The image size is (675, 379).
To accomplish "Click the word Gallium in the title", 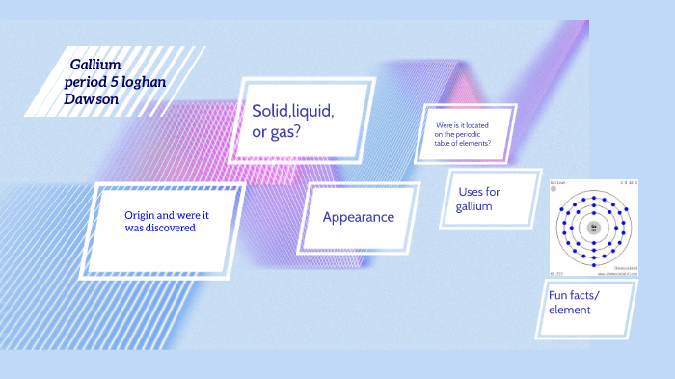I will point(94,64).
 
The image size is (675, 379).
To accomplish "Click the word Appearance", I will point(358,217).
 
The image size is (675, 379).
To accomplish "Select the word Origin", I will point(143,214).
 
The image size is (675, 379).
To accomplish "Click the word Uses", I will point(472,192).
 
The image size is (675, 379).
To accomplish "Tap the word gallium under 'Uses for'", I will point(474,206).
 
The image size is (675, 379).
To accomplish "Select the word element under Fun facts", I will point(569,310).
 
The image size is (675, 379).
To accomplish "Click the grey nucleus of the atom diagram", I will point(594,228).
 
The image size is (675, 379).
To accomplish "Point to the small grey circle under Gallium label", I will point(554,189).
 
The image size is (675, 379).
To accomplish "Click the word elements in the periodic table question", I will point(474,143).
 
